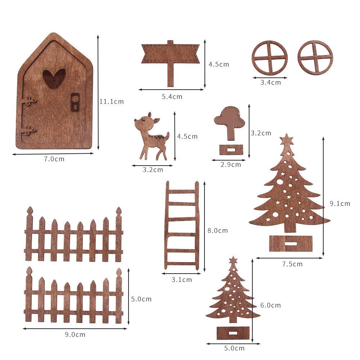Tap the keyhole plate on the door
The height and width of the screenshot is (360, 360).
[x=75, y=102]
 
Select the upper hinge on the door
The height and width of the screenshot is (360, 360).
[x=28, y=101]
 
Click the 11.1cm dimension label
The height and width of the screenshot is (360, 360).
[x=111, y=102]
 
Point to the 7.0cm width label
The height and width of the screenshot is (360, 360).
[x=54, y=159]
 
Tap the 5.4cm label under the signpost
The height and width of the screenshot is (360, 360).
[x=172, y=96]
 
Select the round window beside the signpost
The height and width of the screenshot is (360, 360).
[x=269, y=58]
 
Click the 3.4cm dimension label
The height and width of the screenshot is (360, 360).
[x=270, y=82]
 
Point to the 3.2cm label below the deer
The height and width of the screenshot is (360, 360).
[x=153, y=170]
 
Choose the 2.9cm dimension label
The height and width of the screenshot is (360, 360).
[x=231, y=165]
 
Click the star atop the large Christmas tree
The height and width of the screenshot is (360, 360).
[x=287, y=139]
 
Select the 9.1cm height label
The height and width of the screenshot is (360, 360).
[x=340, y=203]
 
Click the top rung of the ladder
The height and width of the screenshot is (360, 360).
[x=182, y=191]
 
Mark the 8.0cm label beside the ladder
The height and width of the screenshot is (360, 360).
[x=217, y=230]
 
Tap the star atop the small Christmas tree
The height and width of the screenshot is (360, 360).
[x=233, y=260]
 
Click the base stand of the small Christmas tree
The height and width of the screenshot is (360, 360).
[x=233, y=333]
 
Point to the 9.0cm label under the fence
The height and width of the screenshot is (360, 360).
[x=75, y=334]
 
